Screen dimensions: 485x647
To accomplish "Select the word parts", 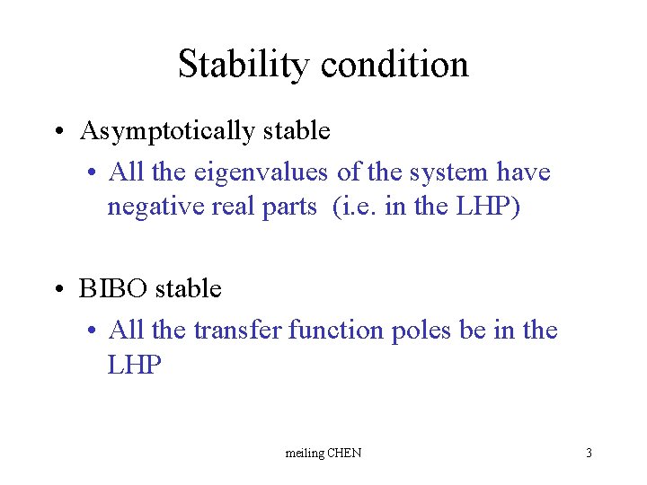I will [x=290, y=207].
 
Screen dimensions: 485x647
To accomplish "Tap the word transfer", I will [x=237, y=330].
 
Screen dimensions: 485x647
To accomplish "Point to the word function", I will [x=337, y=330].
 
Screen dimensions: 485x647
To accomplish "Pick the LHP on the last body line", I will [x=135, y=365].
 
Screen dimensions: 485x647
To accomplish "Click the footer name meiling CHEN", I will [x=323, y=453].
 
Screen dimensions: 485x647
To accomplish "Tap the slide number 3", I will [x=589, y=453].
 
